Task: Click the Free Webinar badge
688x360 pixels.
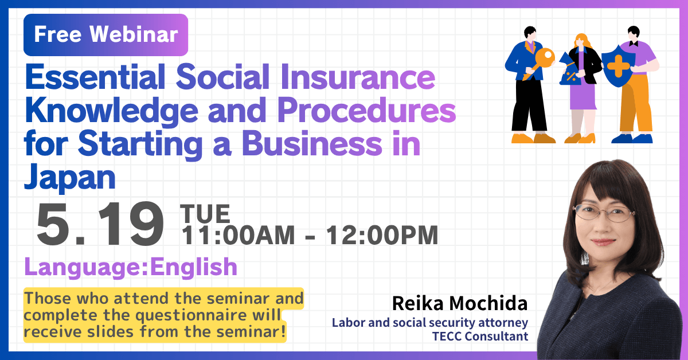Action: (105, 35)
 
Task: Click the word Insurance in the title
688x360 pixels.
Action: (358, 77)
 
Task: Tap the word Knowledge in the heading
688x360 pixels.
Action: (112, 112)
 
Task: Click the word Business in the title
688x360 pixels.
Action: (312, 144)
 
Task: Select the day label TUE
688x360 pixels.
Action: (205, 213)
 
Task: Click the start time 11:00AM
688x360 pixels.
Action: (238, 235)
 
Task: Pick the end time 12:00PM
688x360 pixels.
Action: (382, 235)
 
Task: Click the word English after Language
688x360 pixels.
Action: (194, 267)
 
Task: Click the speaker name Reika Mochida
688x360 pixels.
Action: (460, 303)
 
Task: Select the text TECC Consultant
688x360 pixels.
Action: (480, 336)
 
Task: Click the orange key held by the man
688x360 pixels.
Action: (540, 63)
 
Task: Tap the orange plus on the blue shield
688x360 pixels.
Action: (619, 66)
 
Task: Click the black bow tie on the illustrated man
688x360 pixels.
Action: (634, 44)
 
